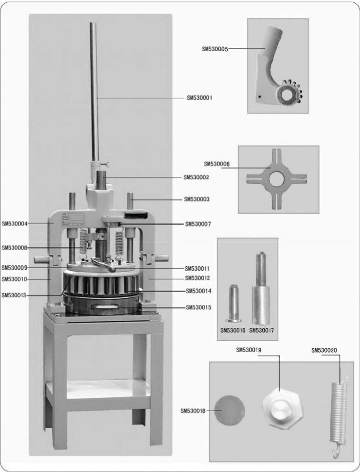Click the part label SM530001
tap(200, 98)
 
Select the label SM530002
tap(196, 178)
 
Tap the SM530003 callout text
tap(197, 199)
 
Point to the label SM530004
tap(15, 224)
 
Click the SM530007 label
tap(198, 224)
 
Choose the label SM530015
tap(199, 308)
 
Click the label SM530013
tap(15, 295)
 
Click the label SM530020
tap(325, 350)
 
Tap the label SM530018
tap(193, 411)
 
